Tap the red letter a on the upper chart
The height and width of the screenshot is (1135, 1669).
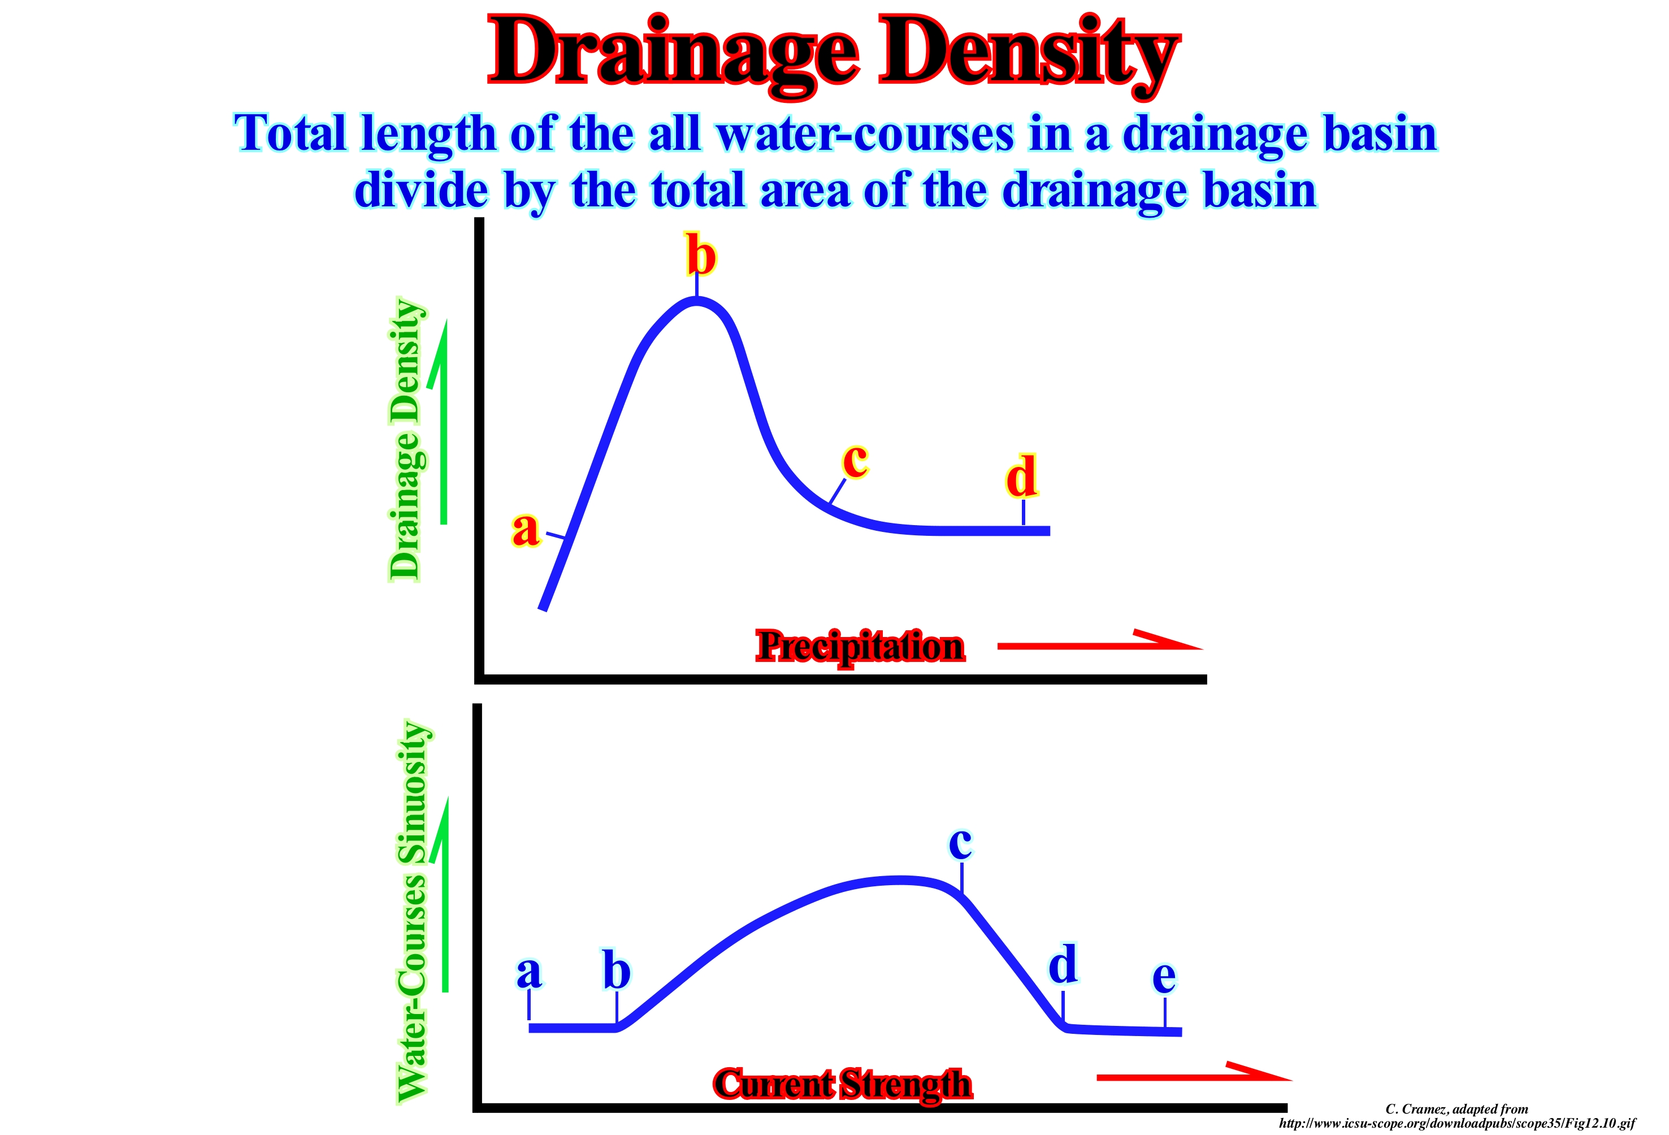[525, 530]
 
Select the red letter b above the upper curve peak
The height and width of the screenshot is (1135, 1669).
[700, 255]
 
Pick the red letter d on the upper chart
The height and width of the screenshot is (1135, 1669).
[1021, 476]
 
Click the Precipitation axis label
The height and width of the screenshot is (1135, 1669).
[860, 647]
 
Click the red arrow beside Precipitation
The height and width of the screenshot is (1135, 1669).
[1099, 642]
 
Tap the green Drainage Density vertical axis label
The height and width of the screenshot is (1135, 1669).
[406, 440]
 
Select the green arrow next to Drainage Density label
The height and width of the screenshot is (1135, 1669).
[440, 424]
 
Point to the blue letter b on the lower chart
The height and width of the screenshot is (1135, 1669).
[616, 971]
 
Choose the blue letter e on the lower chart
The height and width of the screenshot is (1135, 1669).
[1164, 976]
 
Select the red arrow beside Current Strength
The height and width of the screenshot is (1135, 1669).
[1192, 1074]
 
